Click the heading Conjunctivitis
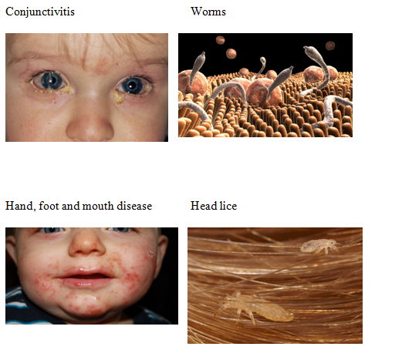(x=40, y=12)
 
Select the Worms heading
(x=208, y=12)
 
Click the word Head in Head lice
(x=200, y=206)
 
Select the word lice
(x=225, y=206)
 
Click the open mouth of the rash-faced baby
(x=86, y=276)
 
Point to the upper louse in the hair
(x=319, y=246)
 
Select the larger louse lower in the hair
(x=255, y=308)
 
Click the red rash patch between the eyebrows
(x=103, y=66)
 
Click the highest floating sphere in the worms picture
(x=220, y=40)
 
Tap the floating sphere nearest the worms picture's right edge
(x=330, y=45)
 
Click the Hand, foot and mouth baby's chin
(x=86, y=306)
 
